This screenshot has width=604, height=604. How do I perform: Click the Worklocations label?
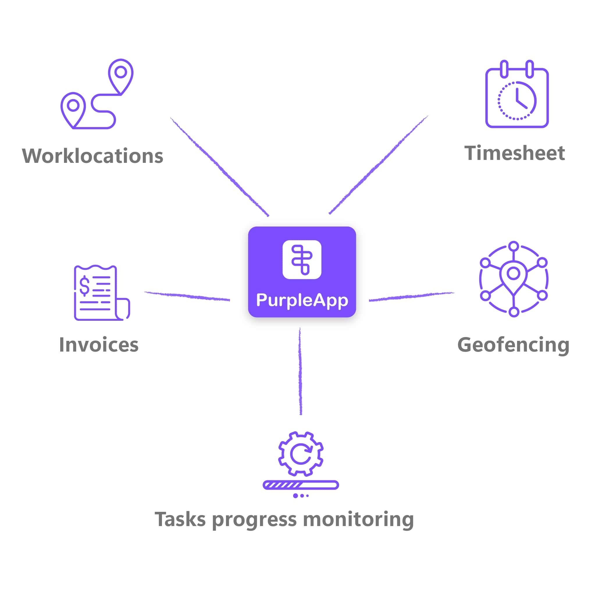point(92,156)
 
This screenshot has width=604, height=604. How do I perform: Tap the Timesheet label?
point(515,153)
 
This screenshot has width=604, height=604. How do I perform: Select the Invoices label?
point(99,345)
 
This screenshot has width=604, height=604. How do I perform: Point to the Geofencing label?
point(513,345)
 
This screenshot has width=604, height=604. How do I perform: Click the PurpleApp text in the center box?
point(302,300)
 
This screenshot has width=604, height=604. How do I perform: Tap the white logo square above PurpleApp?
point(302,259)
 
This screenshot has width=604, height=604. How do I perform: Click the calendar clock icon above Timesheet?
point(517,95)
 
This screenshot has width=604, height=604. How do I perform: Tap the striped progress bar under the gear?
point(301,485)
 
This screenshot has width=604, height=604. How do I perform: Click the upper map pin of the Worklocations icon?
point(121,75)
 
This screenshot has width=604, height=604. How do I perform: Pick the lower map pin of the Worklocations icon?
point(73,108)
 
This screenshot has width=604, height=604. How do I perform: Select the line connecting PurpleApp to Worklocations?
point(220,167)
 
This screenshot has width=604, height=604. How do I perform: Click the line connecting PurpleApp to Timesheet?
point(378,165)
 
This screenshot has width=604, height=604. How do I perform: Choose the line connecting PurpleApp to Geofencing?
point(411,296)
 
